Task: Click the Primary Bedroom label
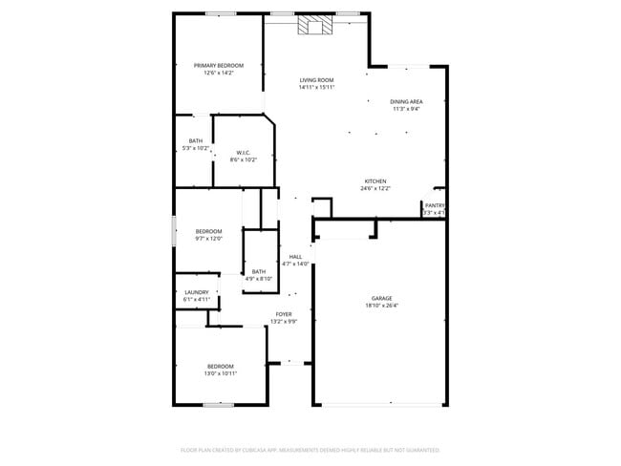click(x=219, y=65)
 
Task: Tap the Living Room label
click(x=316, y=80)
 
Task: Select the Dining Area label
click(x=406, y=101)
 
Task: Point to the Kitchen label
click(x=375, y=181)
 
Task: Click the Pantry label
click(x=435, y=205)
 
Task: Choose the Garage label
click(x=382, y=299)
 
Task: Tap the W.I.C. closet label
click(x=244, y=153)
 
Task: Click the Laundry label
click(x=196, y=293)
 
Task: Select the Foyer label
click(x=284, y=314)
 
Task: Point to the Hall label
click(x=296, y=257)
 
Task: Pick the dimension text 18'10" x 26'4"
click(x=382, y=307)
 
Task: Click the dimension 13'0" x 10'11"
click(x=221, y=373)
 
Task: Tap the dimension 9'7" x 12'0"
click(x=209, y=239)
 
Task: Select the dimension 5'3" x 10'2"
click(x=195, y=148)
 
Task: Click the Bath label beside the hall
click(x=259, y=271)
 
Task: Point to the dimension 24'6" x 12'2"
click(x=375, y=188)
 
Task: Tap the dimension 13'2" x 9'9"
click(x=284, y=322)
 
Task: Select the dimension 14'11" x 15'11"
click(x=316, y=88)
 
